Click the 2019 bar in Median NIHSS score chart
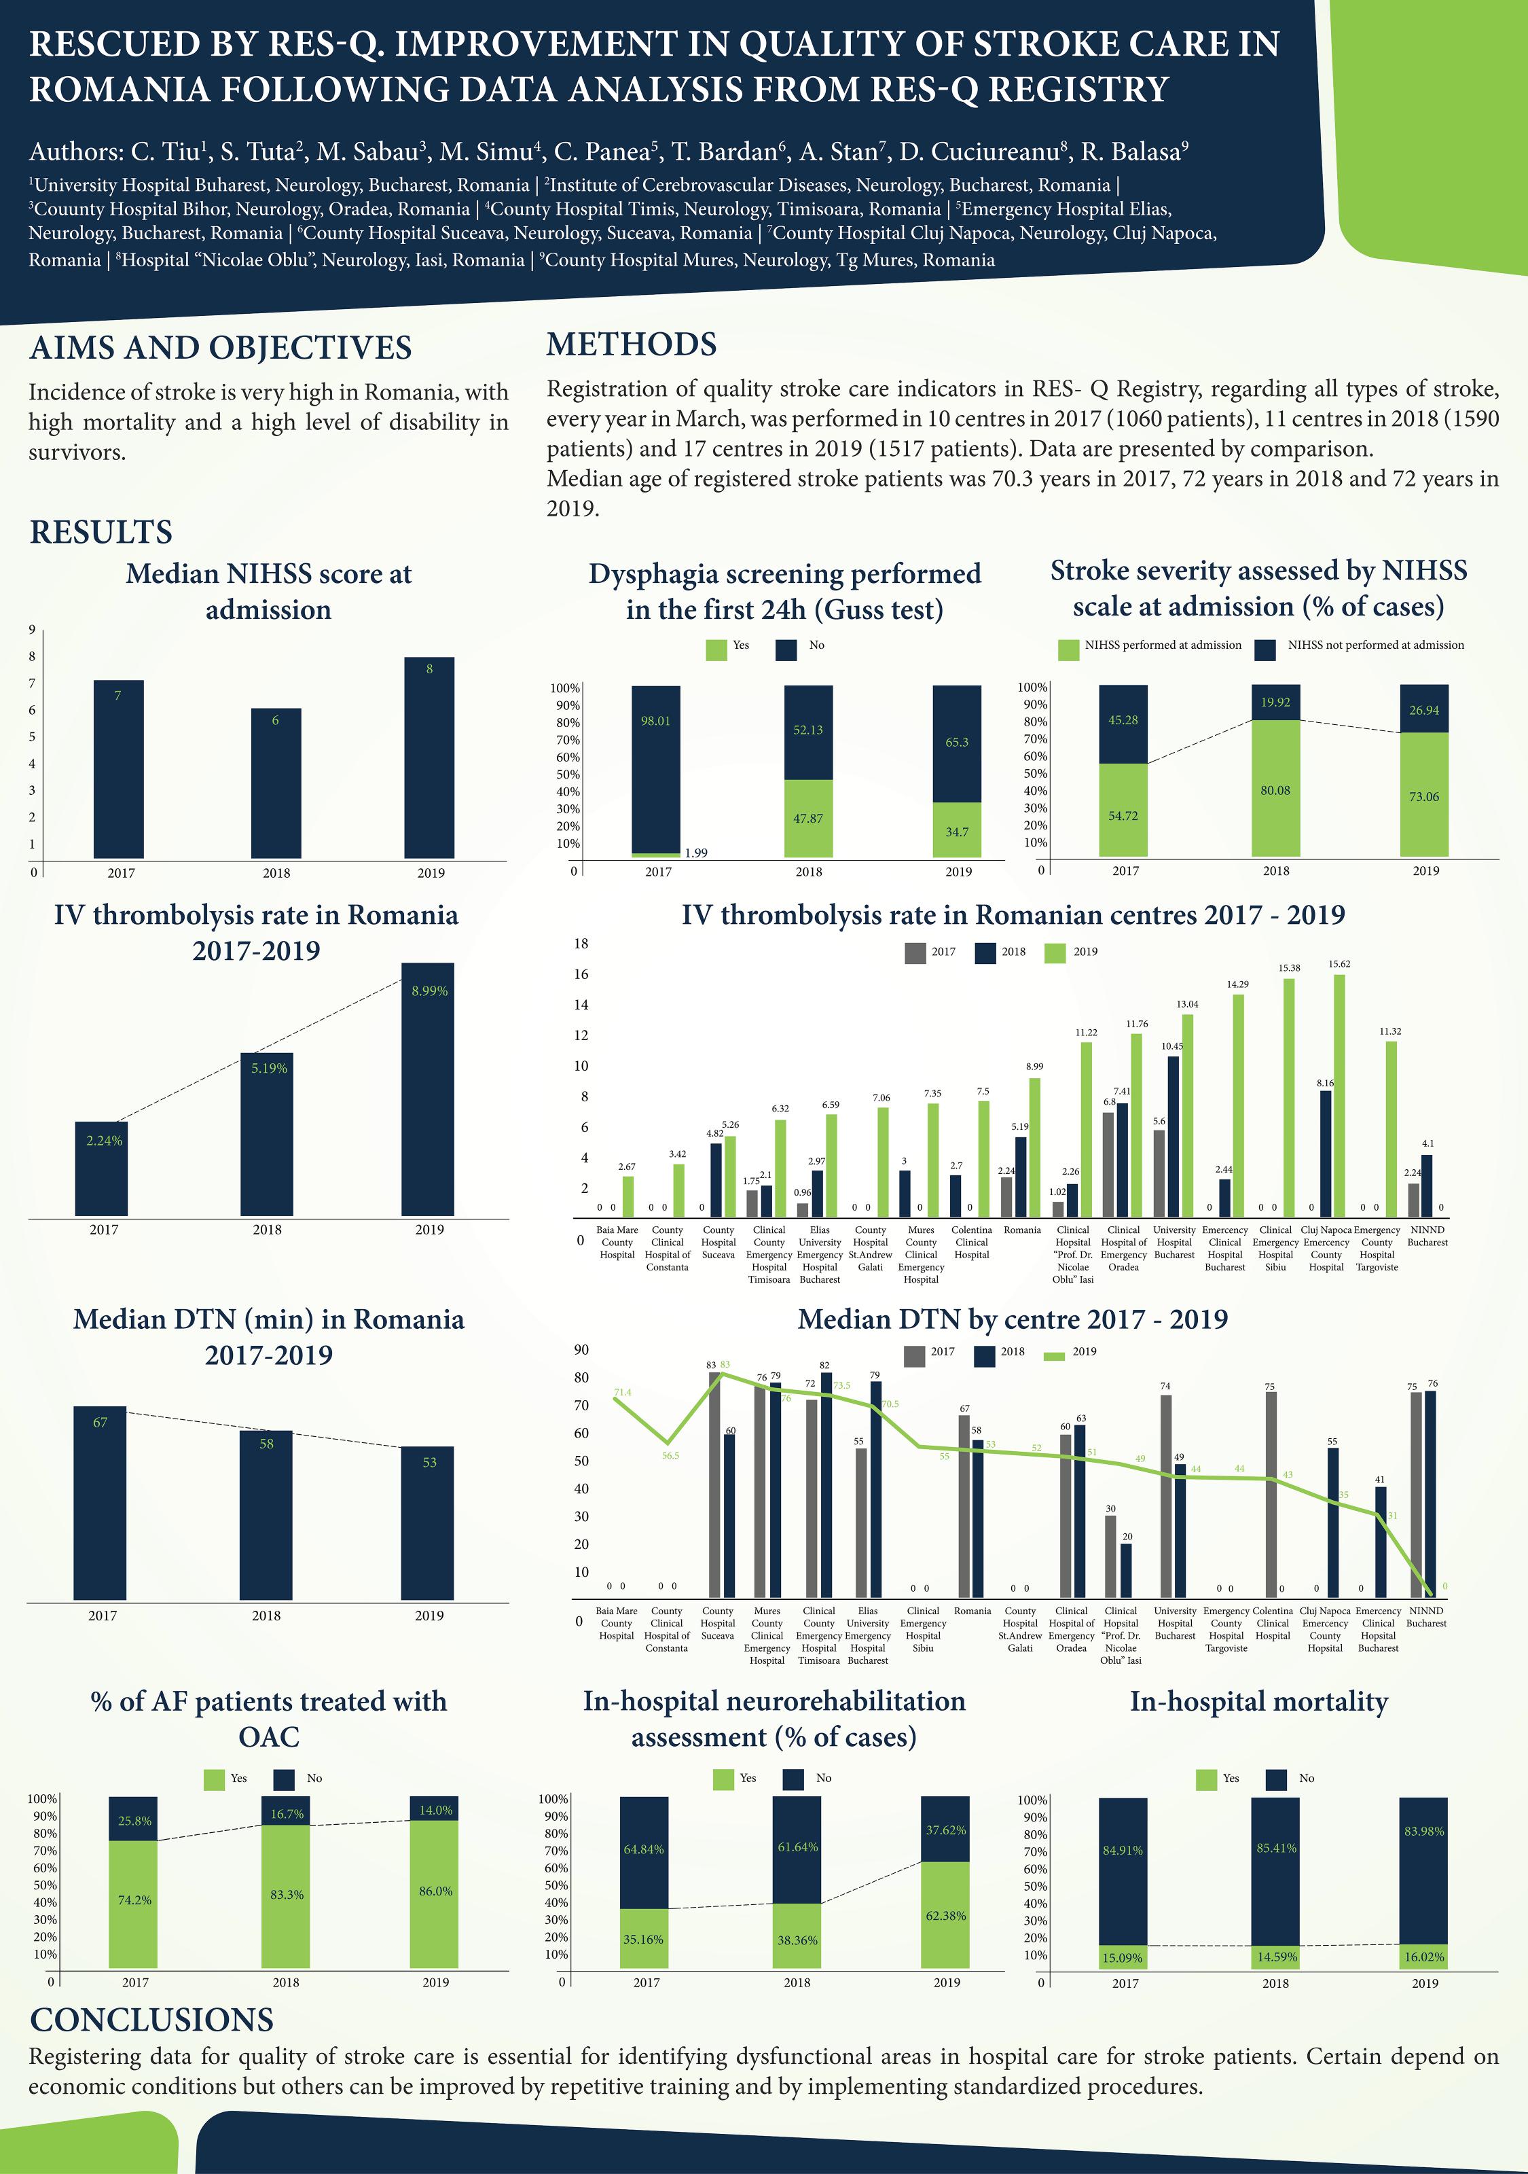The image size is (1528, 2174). [x=429, y=758]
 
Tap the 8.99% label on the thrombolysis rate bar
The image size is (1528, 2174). [x=429, y=991]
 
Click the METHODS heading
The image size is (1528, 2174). [x=632, y=344]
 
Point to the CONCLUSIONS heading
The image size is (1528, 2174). [x=151, y=2020]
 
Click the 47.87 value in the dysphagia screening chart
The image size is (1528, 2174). [x=807, y=818]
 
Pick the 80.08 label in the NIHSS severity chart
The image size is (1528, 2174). [x=1275, y=789]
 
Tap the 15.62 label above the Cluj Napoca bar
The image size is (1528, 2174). [x=1339, y=964]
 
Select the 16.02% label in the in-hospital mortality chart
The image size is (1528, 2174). [x=1424, y=1957]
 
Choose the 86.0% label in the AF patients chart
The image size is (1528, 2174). [x=435, y=1891]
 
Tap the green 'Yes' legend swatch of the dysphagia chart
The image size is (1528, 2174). [x=716, y=649]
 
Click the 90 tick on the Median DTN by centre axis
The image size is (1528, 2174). [x=581, y=1350]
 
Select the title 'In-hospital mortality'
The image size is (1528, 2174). [x=1258, y=1702]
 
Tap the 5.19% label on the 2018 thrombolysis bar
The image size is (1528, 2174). [x=269, y=1068]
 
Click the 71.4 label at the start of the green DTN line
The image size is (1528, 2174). [x=622, y=1393]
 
